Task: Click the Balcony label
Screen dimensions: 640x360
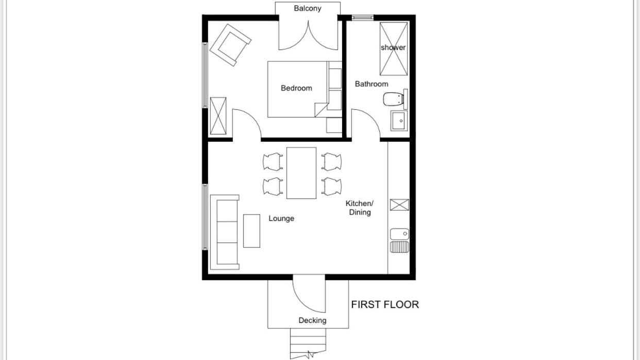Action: (308, 8)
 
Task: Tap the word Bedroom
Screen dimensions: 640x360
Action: (296, 88)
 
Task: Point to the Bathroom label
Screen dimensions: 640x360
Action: (372, 84)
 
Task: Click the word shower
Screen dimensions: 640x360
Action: (393, 47)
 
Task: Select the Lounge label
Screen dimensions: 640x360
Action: (281, 218)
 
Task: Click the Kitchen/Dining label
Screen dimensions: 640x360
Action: (360, 208)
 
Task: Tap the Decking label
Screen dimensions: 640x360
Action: (312, 320)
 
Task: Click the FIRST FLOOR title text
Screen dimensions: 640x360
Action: (385, 304)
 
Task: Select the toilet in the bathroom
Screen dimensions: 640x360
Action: (395, 99)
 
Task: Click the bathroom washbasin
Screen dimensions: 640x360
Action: (399, 121)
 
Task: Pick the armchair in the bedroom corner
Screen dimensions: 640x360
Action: (230, 45)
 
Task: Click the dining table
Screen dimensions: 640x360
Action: (301, 173)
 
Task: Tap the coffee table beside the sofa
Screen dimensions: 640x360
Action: (251, 231)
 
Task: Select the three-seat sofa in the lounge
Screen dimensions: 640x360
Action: (225, 232)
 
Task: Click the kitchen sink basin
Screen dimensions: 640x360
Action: (399, 234)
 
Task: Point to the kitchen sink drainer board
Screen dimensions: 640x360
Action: (399, 247)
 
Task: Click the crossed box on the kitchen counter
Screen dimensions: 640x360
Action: (399, 204)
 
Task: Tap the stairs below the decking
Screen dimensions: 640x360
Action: (308, 344)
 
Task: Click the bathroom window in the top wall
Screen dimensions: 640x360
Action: (363, 18)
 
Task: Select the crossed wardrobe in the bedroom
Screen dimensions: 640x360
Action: (218, 116)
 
